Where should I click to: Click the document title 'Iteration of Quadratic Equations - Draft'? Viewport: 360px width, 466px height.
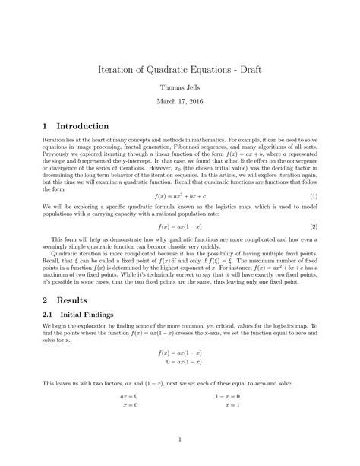coord(180,68)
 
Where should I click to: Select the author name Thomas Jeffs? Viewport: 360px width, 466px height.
coord(180,87)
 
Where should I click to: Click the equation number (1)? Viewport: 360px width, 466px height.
coord(313,197)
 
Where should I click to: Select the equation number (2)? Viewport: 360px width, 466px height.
coord(313,226)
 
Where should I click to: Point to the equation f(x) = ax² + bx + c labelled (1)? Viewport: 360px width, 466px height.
coord(180,197)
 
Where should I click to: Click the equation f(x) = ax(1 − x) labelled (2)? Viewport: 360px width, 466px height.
coord(180,226)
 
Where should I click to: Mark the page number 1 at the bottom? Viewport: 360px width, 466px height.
coord(180,439)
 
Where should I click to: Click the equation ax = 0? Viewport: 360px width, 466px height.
coord(129,395)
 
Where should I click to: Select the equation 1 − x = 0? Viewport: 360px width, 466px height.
coord(229,395)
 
